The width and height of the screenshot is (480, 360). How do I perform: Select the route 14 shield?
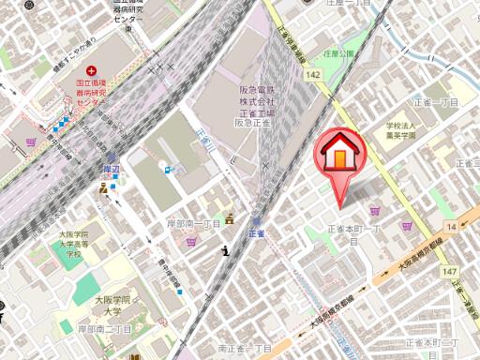[x=452, y=227]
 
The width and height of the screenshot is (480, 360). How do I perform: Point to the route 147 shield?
[x=450, y=271]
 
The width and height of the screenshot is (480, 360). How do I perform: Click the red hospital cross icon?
[x=91, y=71]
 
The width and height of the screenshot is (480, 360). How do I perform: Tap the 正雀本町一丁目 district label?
[x=354, y=231]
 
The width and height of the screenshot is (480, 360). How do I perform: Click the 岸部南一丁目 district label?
[x=193, y=224]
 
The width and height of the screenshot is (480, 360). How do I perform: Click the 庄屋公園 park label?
[x=339, y=54]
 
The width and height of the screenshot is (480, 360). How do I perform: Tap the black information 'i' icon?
[x=226, y=249]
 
